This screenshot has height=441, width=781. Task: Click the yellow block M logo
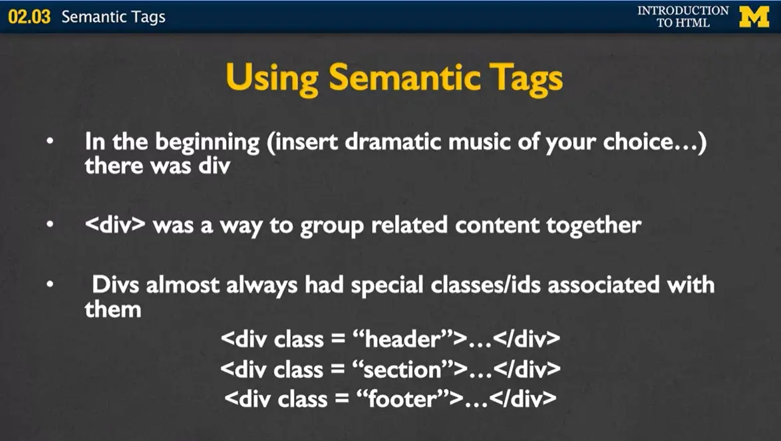[754, 17]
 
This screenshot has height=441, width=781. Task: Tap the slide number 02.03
[29, 17]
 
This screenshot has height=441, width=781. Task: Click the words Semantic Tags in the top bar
[113, 17]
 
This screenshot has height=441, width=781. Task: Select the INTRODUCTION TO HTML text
[683, 17]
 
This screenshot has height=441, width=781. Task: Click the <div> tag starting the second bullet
[115, 225]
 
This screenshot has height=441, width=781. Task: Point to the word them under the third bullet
[112, 309]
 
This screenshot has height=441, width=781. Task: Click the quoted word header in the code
[406, 339]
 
